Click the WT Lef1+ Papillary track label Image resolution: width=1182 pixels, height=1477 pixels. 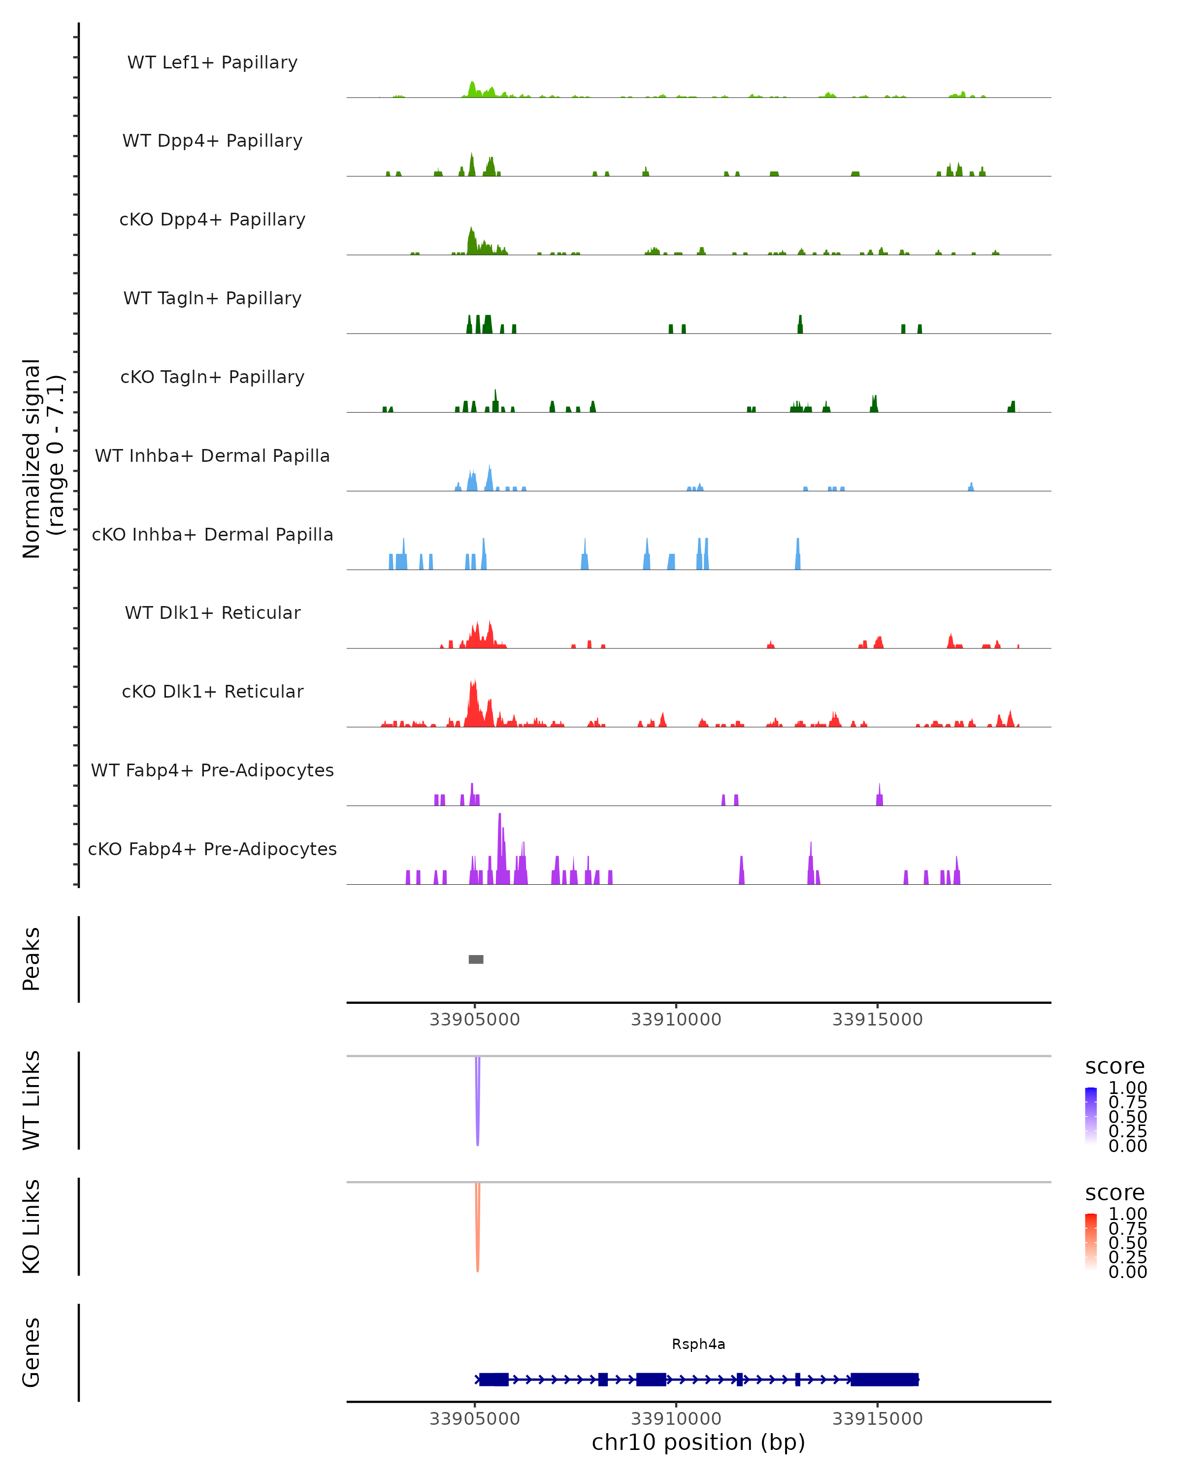tap(212, 63)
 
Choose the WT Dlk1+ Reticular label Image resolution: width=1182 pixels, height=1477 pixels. tap(212, 612)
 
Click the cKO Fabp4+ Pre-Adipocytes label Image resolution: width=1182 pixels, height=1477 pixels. tap(212, 849)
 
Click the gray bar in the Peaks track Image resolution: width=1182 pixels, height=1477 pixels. tap(476, 959)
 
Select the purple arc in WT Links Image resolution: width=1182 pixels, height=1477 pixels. tap(478, 1110)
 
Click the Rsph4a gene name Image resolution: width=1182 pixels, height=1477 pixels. tap(698, 1344)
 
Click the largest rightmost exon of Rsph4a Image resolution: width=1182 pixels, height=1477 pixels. tap(884, 1380)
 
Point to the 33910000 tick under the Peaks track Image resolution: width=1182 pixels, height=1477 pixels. tap(676, 1020)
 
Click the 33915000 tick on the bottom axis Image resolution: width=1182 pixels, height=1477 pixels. tap(877, 1419)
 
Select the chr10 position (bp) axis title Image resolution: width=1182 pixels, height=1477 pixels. tap(698, 1442)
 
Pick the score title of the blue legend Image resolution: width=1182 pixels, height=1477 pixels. tap(1115, 1067)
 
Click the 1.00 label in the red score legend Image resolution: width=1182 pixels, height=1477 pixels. tap(1127, 1214)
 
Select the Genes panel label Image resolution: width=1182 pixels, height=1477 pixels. tap(32, 1352)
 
